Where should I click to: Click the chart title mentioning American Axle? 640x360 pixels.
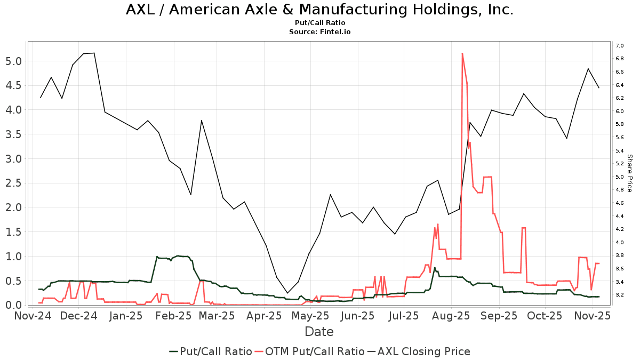[x=319, y=10]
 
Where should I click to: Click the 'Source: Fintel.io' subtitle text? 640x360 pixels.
[x=319, y=32]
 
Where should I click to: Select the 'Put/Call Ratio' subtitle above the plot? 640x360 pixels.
[x=319, y=23]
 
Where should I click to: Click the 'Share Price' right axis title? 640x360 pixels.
[x=629, y=173]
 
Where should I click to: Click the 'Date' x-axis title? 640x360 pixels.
[x=319, y=332]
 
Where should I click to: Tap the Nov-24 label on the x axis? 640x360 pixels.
[x=33, y=316]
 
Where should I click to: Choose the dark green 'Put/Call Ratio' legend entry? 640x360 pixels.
[x=211, y=351]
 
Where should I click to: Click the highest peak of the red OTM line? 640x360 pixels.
[x=462, y=53]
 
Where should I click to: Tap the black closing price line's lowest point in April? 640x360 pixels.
[x=287, y=293]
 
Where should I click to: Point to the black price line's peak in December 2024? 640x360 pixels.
[x=94, y=53]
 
